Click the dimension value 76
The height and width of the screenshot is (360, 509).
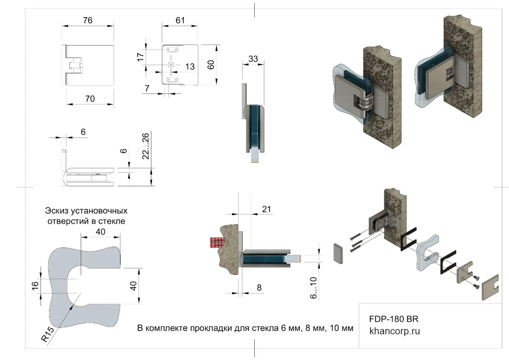click(87, 20)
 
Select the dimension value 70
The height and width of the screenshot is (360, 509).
click(90, 99)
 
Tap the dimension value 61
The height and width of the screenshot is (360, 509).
click(180, 20)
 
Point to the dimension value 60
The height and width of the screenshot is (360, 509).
click(211, 65)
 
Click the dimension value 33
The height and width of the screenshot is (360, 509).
click(253, 59)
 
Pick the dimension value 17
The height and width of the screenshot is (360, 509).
click(141, 56)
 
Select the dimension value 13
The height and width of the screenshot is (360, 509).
click(190, 66)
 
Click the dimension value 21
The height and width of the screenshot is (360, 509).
click(266, 209)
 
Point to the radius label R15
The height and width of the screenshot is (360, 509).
click(48, 334)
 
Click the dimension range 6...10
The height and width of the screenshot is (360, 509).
click(313, 288)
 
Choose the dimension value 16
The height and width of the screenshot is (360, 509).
click(35, 286)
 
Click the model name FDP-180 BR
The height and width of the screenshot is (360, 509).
click(394, 319)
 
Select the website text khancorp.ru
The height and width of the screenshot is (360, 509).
click(394, 331)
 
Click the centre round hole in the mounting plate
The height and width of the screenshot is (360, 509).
click(171, 65)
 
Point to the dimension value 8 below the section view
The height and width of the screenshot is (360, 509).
click(259, 288)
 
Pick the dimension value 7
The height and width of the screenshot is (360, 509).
click(147, 88)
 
